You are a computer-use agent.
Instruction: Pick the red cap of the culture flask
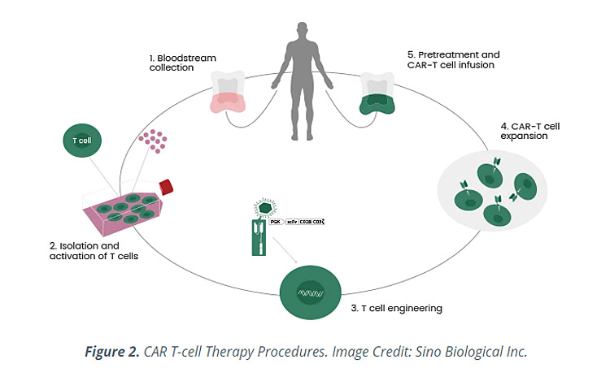[168, 187]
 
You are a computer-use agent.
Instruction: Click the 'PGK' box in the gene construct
[275, 221]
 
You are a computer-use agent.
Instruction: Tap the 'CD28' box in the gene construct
[305, 221]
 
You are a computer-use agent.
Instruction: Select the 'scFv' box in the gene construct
[290, 221]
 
